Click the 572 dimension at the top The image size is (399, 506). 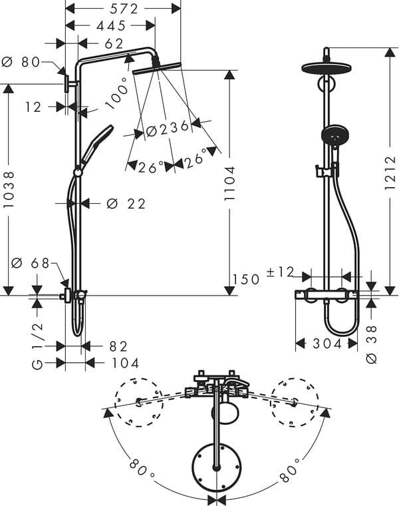point(123,8)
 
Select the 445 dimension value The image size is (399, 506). point(111,26)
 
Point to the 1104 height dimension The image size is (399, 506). point(229,184)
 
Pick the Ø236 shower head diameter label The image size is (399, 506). point(168,129)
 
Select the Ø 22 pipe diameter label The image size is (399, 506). point(126,204)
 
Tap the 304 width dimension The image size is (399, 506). point(327,344)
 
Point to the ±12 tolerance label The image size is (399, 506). point(280,272)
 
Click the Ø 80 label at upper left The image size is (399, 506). point(22,62)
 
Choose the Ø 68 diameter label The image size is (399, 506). point(31,263)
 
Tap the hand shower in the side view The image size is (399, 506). point(97,142)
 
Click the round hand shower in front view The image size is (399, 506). point(332,135)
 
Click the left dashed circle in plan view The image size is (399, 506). point(138,401)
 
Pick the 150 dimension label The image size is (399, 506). point(246,280)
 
